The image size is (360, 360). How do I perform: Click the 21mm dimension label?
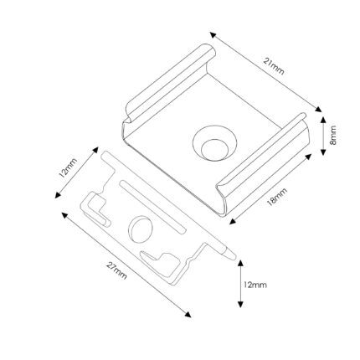click(274, 66)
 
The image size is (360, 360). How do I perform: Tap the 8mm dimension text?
click(333, 136)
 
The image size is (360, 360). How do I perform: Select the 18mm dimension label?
click(277, 197)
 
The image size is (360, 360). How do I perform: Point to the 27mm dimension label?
click(116, 270)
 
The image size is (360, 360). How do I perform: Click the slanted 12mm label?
click(68, 167)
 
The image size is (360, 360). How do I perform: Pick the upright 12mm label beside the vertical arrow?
click(255, 285)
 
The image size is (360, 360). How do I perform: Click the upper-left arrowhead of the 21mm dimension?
click(213, 35)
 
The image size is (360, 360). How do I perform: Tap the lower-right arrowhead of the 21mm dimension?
click(318, 109)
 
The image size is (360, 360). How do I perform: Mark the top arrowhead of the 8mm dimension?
click(323, 120)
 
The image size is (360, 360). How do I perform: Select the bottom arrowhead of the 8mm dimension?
click(323, 152)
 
